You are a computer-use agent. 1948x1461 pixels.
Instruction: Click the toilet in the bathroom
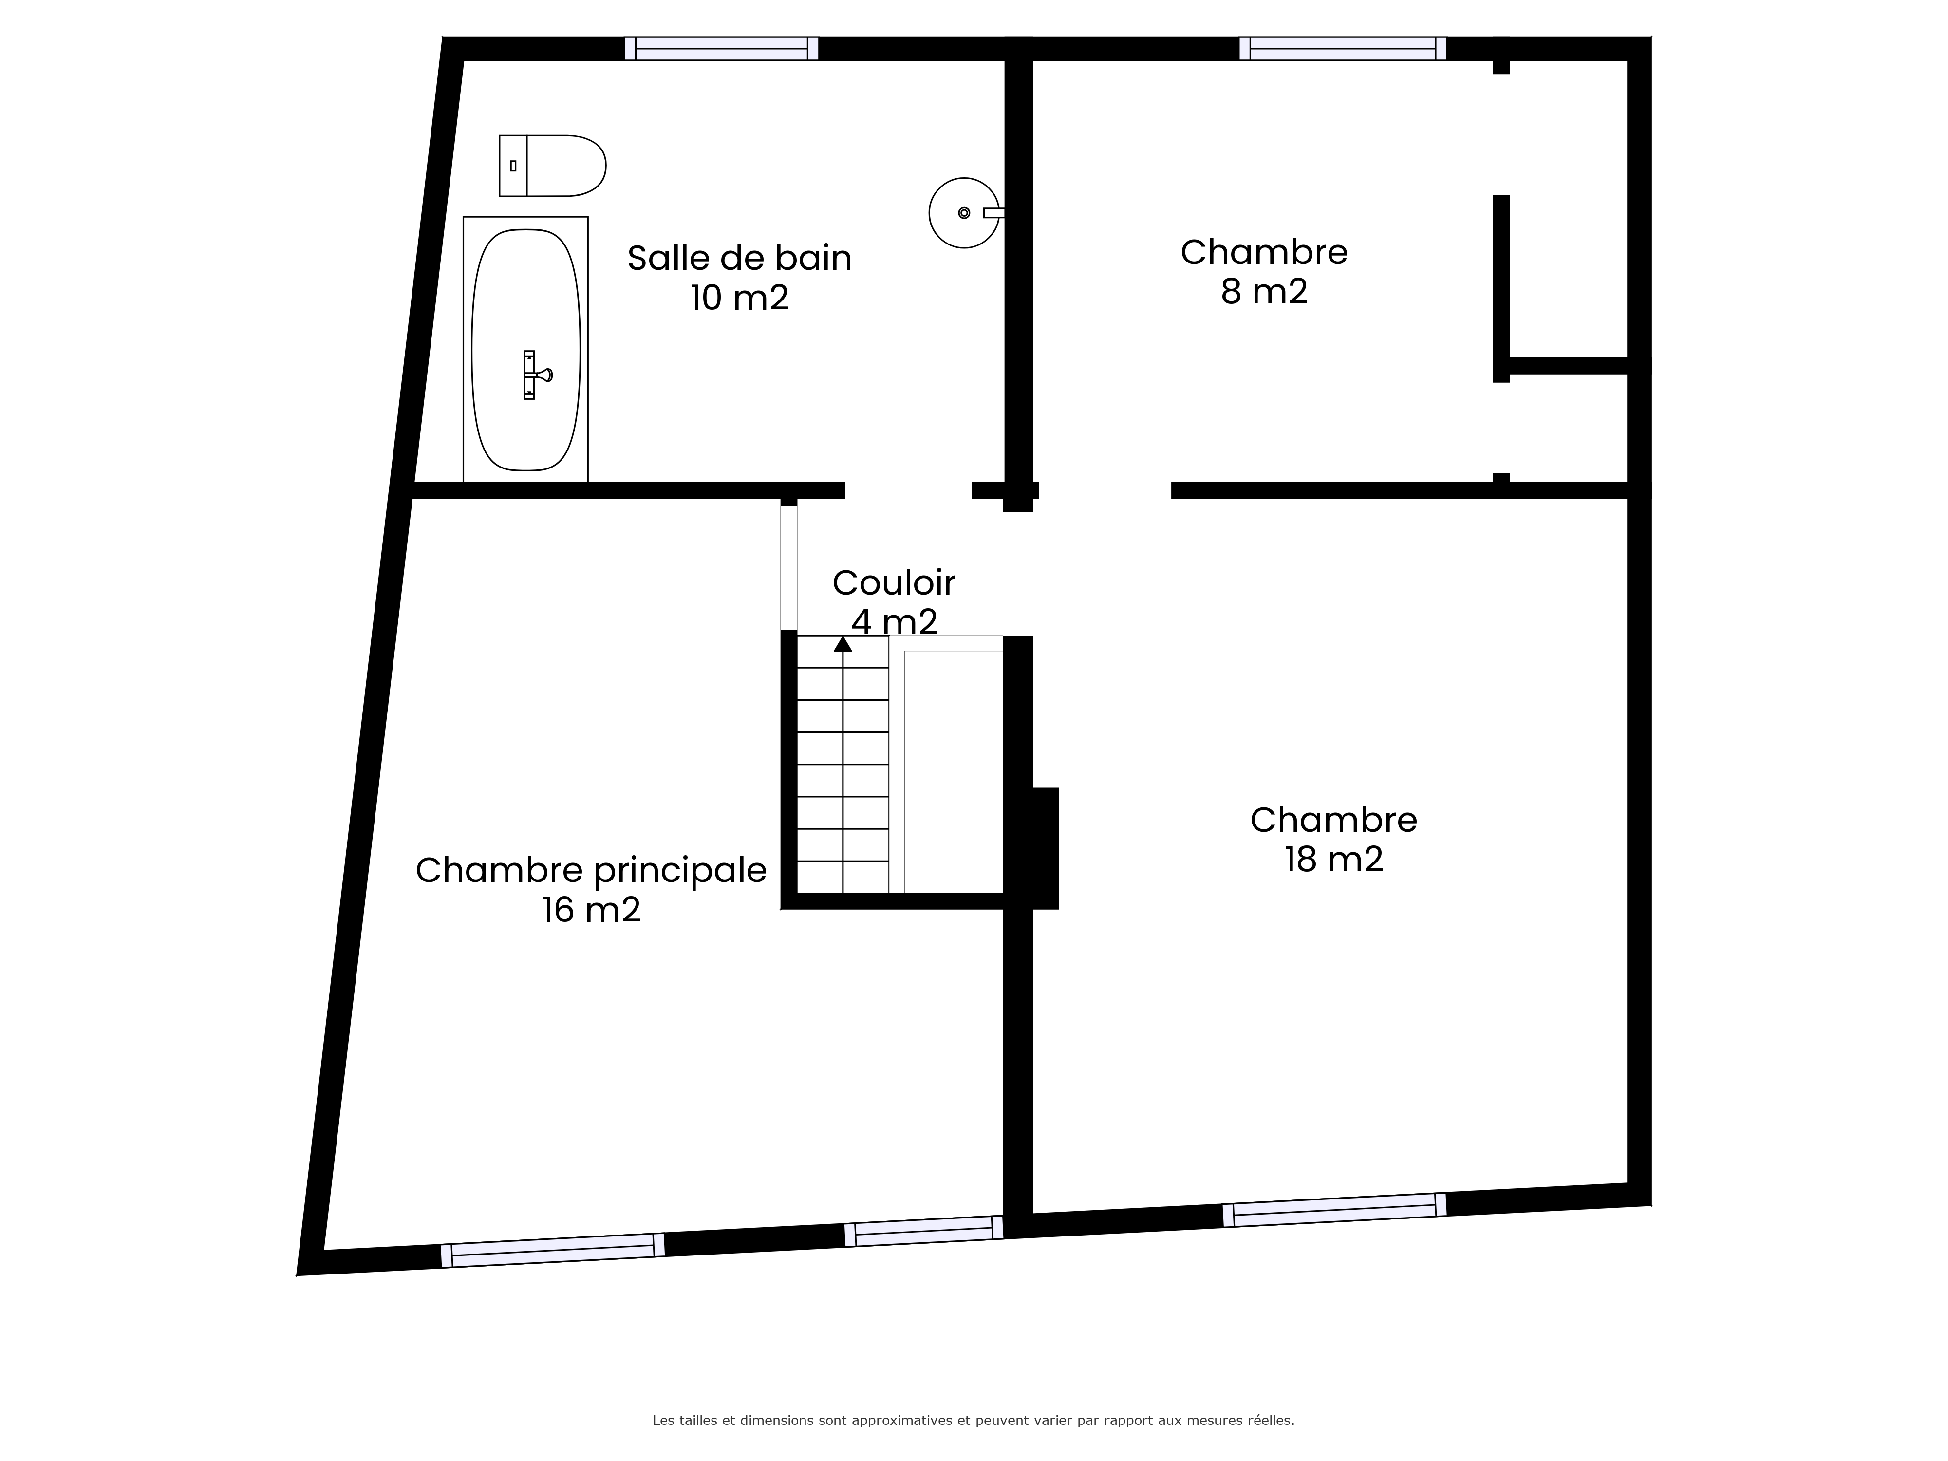[x=552, y=166]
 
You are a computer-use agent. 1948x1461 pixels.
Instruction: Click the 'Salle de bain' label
[x=740, y=258]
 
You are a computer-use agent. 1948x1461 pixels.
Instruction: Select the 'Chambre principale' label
[x=591, y=870]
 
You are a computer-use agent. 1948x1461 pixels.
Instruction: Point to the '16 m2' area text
[x=591, y=910]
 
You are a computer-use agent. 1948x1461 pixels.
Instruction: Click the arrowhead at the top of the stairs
[x=843, y=644]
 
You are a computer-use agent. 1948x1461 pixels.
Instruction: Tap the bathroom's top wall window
[x=721, y=48]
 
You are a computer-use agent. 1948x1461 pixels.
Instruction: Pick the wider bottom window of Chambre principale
[x=552, y=1251]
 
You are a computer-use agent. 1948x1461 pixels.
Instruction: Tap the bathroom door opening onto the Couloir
[x=908, y=490]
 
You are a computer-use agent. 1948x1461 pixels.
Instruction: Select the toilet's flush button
[x=512, y=166]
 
